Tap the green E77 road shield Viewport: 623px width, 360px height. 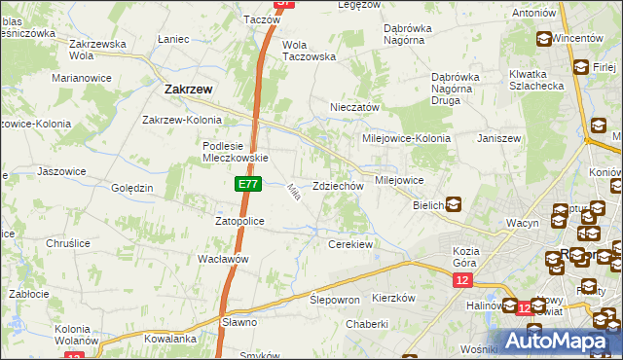pyautogui.click(x=246, y=183)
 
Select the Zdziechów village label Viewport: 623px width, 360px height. pyautogui.click(x=338, y=186)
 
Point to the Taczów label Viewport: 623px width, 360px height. pyautogui.click(x=261, y=19)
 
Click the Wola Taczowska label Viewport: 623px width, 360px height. pyautogui.click(x=309, y=51)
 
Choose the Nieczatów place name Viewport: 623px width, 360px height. pyautogui.click(x=354, y=108)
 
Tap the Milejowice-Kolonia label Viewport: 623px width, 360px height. pyautogui.click(x=406, y=138)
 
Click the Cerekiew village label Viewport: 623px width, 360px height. pyautogui.click(x=350, y=244)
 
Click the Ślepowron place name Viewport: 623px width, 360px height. pyautogui.click(x=335, y=300)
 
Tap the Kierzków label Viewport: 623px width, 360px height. pyautogui.click(x=394, y=298)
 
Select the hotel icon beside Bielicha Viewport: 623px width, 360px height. pyautogui.click(x=454, y=204)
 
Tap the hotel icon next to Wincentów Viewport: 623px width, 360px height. pyautogui.click(x=542, y=39)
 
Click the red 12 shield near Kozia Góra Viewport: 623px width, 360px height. pyautogui.click(x=462, y=280)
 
